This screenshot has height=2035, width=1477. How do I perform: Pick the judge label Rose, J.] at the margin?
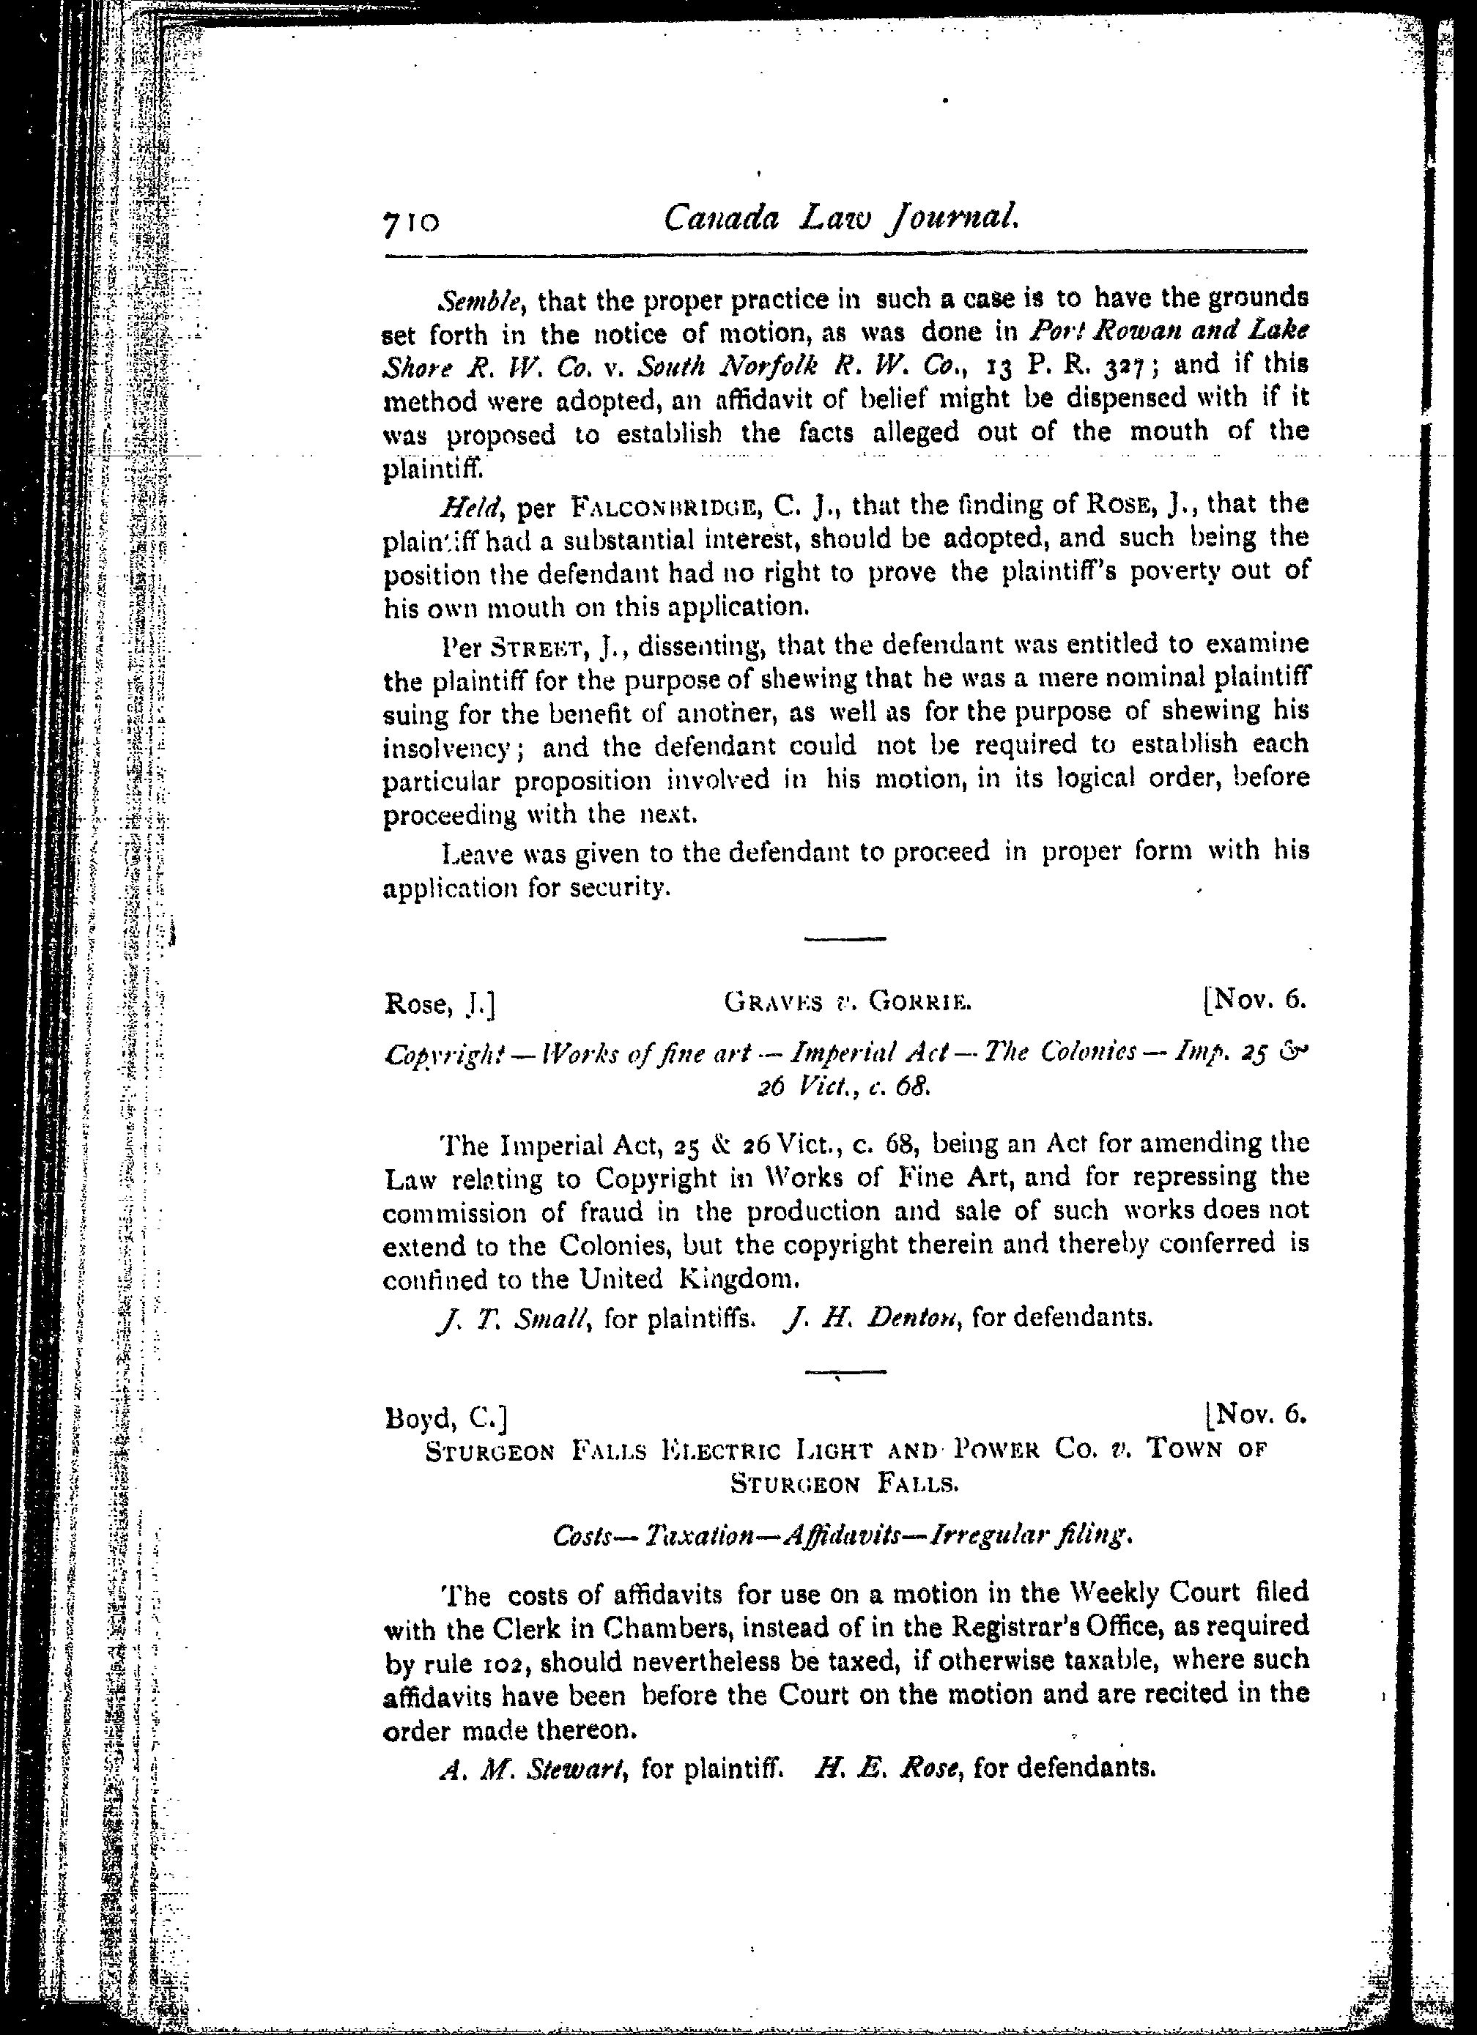pos(439,1004)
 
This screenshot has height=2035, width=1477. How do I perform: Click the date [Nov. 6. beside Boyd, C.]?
pos(1256,1415)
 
